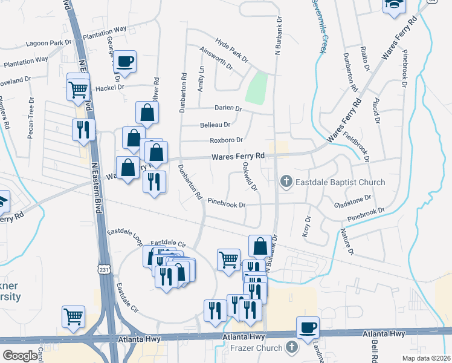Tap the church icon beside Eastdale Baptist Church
point(286,181)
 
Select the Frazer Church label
point(256,348)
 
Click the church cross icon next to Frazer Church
point(291,347)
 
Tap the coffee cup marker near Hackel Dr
point(125,62)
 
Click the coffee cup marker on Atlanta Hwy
point(308,327)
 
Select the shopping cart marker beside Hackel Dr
point(79,90)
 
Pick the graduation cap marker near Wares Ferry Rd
point(393,5)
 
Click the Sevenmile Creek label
point(319,24)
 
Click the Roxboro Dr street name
point(226,140)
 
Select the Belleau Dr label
point(215,125)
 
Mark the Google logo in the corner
point(20,356)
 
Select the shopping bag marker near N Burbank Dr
point(260,246)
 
